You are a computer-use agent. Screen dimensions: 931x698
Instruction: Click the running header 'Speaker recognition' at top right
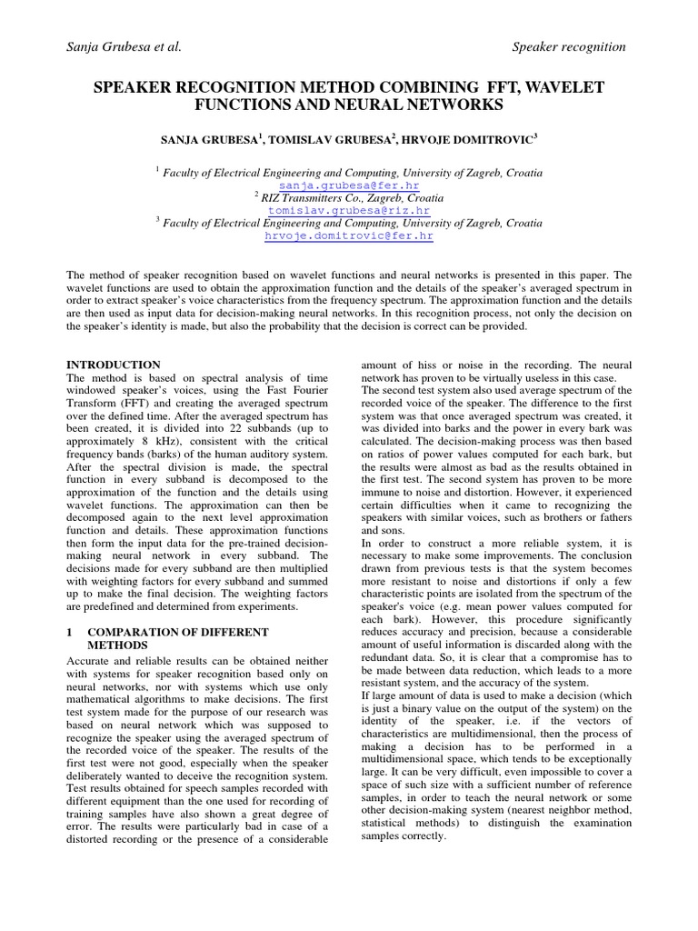(x=570, y=46)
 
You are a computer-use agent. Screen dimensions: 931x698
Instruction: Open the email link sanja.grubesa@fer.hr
(x=349, y=185)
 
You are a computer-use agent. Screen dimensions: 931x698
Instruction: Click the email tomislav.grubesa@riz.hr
(x=349, y=210)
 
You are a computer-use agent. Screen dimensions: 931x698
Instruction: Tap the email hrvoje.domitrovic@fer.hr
(x=349, y=235)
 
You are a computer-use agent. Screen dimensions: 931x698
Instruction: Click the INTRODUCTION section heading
(x=115, y=365)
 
